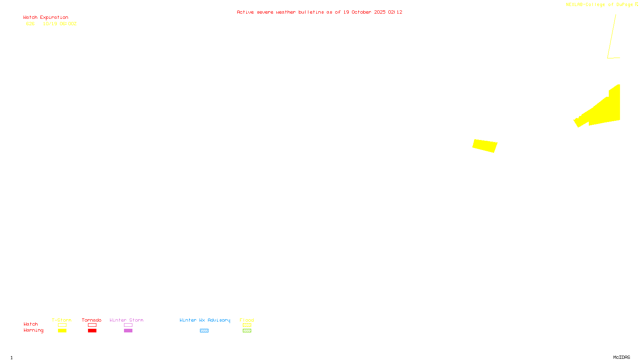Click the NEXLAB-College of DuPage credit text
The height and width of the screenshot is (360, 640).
599,5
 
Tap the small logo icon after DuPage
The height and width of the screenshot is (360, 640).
636,4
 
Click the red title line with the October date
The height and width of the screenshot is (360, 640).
319,12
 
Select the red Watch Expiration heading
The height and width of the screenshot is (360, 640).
46,18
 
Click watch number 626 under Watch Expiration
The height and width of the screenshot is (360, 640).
30,24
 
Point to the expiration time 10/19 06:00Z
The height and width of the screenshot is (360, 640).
60,24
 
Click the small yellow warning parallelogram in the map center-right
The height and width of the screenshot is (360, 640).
485,146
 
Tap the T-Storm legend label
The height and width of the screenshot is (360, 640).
62,320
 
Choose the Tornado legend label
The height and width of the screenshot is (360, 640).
92,320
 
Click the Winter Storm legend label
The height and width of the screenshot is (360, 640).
126,320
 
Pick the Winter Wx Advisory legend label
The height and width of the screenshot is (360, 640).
205,320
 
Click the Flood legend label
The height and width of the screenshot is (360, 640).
247,320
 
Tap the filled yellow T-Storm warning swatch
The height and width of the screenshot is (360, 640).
62,331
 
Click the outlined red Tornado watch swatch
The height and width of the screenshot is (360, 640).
92,325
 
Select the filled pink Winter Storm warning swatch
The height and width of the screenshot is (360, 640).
128,331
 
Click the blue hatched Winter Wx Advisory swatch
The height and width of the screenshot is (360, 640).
204,331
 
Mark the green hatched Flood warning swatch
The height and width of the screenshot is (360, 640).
247,331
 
